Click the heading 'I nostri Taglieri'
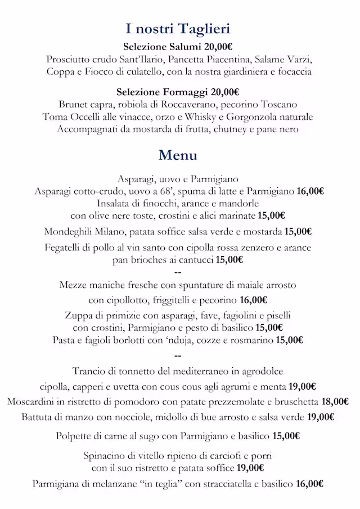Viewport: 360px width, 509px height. [178, 29]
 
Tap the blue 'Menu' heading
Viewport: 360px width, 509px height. [178, 155]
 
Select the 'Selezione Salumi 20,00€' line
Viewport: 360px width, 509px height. [178, 47]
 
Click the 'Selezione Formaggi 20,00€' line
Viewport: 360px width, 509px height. [178, 92]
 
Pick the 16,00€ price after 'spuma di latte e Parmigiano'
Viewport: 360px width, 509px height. [309, 191]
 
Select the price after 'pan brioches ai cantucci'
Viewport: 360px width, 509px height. [229, 259]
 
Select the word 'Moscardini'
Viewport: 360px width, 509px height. [33, 402]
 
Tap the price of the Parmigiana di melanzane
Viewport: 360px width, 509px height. [309, 483]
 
